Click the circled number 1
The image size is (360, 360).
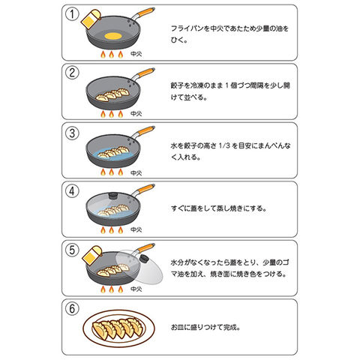coord(72,14)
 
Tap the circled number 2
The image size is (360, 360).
coord(72,73)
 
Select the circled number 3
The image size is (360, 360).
coord(72,133)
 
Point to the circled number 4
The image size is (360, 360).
coord(72,191)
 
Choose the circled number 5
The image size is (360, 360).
coord(72,250)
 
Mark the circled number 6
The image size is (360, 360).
coord(72,308)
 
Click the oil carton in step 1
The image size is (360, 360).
coord(91,19)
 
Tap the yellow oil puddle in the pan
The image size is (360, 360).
coord(113,36)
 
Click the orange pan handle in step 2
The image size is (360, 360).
coord(145,72)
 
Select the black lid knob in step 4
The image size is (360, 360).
coord(113,195)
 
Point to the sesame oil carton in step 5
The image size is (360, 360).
coord(91,255)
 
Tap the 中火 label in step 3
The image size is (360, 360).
coord(136,173)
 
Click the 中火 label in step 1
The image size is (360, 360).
coord(136,54)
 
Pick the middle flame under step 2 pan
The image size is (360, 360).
coord(112,114)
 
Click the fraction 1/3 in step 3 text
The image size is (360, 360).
coord(224,145)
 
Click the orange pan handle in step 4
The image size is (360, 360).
coord(145,188)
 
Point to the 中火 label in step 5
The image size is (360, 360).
coord(136,289)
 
